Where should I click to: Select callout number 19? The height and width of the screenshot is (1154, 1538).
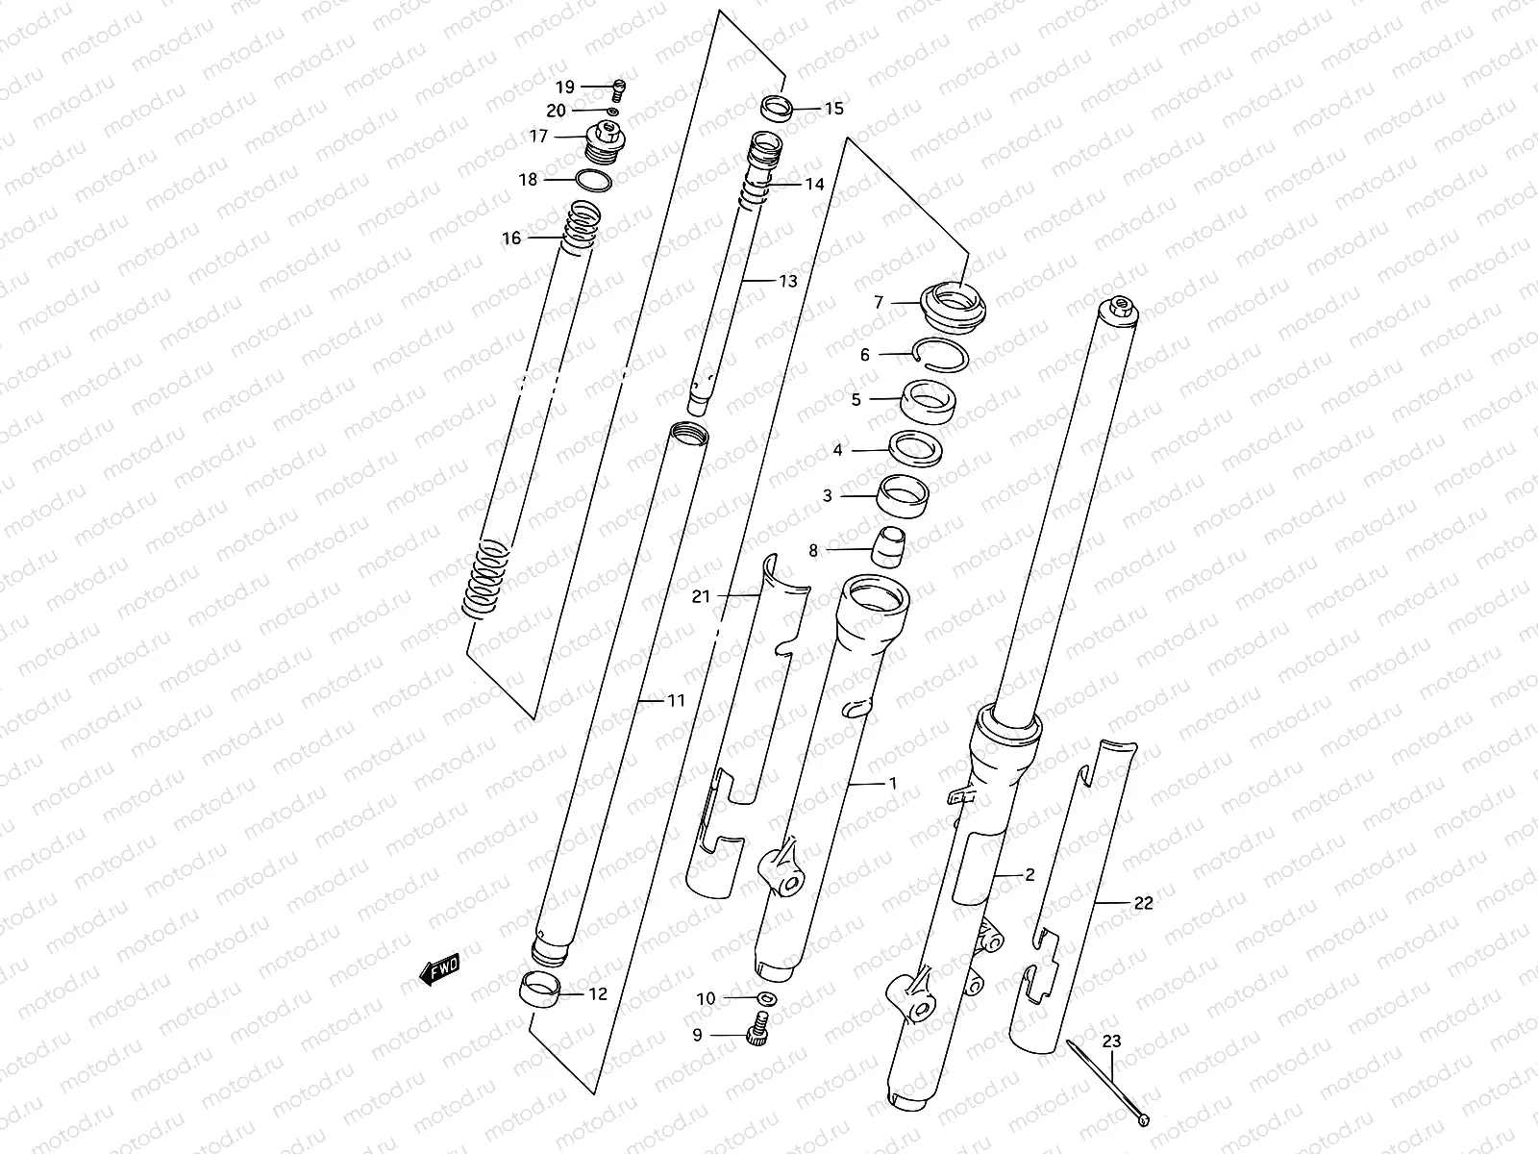[x=564, y=88]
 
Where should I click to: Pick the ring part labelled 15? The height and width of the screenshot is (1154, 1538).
[x=777, y=108]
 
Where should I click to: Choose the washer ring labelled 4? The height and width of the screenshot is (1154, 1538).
[x=915, y=448]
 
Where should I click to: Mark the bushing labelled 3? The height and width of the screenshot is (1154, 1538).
[x=905, y=496]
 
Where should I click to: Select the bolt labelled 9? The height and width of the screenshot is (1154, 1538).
[x=759, y=1034]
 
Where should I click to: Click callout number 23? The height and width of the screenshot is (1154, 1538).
[x=1111, y=1041]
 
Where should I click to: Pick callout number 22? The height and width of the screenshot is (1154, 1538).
[x=1143, y=903]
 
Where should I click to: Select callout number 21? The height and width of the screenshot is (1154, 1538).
[x=701, y=596]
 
